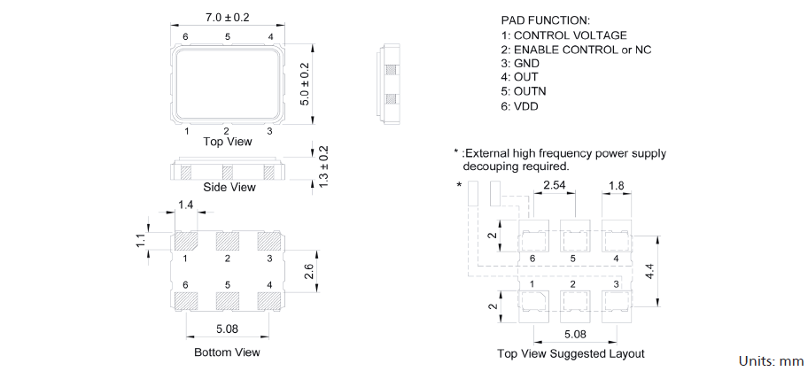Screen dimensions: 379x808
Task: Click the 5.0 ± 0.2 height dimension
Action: tap(304, 84)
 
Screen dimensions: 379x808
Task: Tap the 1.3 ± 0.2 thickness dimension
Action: tap(323, 166)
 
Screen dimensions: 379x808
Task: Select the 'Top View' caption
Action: tap(228, 142)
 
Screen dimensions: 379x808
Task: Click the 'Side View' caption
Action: tap(229, 188)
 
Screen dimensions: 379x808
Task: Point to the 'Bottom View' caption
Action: tap(227, 352)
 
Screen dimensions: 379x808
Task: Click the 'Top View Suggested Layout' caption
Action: tap(571, 353)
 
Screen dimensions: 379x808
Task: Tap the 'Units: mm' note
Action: tap(772, 361)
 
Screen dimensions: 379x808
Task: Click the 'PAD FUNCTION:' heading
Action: tap(545, 20)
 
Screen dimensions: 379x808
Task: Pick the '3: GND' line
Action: tap(520, 64)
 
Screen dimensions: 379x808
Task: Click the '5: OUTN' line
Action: tap(524, 92)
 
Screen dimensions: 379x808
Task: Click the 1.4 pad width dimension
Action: tap(185, 205)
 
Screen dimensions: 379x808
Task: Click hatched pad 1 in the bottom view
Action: tap(185, 241)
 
